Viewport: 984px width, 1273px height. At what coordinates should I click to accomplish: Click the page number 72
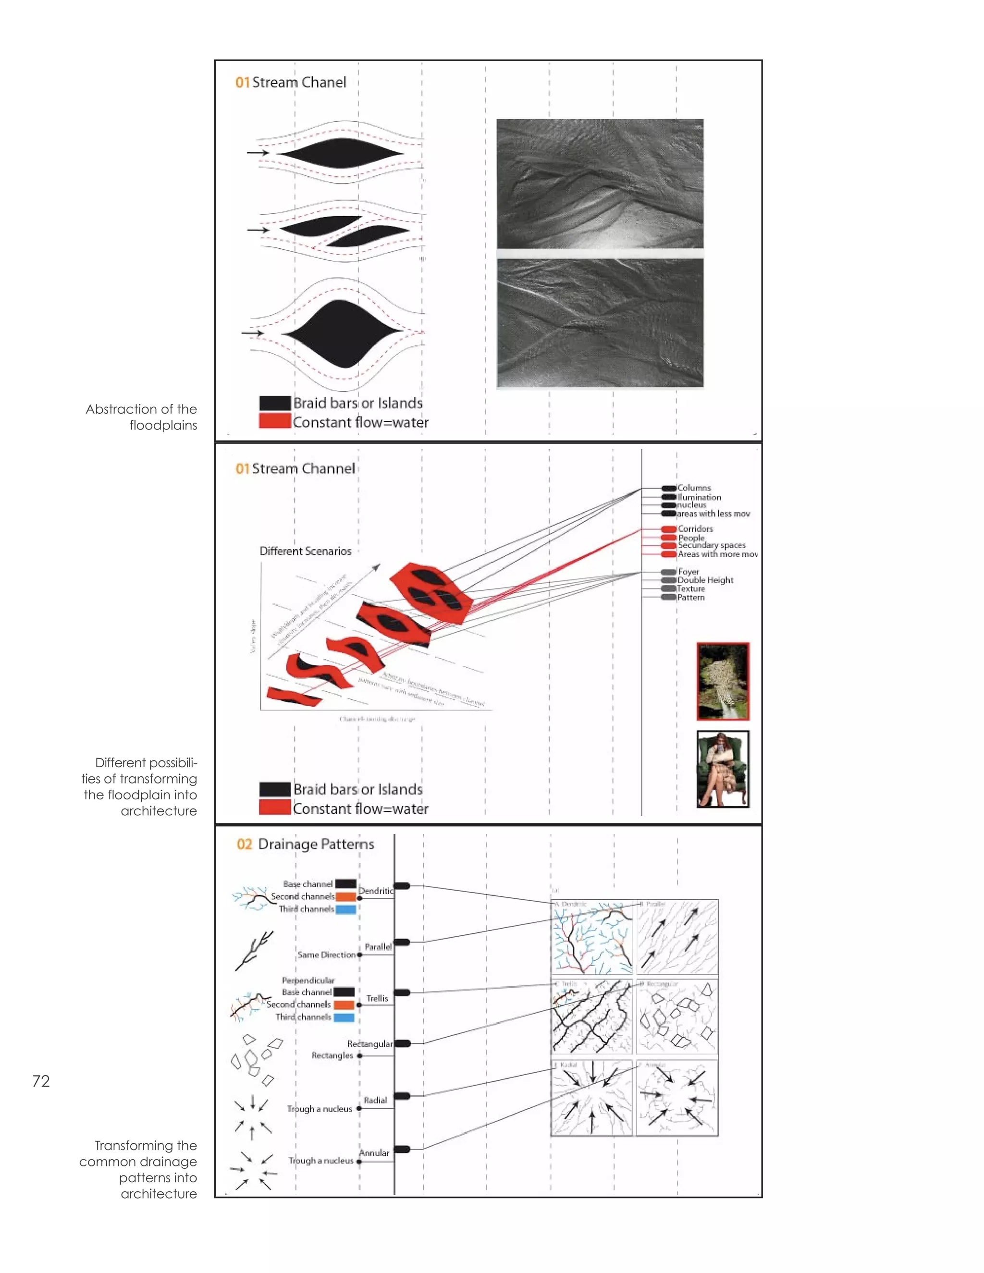(41, 1081)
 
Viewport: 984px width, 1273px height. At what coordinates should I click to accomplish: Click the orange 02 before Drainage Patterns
(244, 845)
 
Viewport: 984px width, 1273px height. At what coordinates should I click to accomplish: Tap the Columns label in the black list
(694, 488)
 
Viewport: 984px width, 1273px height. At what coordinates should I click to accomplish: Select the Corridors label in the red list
(695, 529)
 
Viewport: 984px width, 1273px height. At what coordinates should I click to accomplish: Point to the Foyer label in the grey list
(689, 572)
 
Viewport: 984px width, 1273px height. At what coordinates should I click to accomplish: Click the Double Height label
(705, 581)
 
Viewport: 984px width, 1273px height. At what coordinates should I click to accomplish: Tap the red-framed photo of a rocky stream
(723, 681)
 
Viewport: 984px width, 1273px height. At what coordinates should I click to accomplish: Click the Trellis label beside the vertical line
(377, 999)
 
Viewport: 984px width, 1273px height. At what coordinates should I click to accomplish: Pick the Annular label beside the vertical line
(374, 1153)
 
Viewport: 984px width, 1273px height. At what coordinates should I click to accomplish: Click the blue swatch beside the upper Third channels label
(345, 909)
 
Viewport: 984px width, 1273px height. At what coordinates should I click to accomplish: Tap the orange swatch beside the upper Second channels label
(345, 897)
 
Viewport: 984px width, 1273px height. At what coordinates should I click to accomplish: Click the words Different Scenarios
(306, 551)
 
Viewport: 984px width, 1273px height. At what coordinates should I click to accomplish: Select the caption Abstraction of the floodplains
(142, 417)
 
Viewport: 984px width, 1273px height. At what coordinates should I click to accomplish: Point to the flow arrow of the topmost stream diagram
(257, 153)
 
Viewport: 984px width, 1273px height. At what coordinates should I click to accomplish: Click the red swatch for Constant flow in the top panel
(274, 421)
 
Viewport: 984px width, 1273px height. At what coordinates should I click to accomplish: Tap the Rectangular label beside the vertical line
(369, 1044)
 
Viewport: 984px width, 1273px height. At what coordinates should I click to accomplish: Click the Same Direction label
(326, 955)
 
